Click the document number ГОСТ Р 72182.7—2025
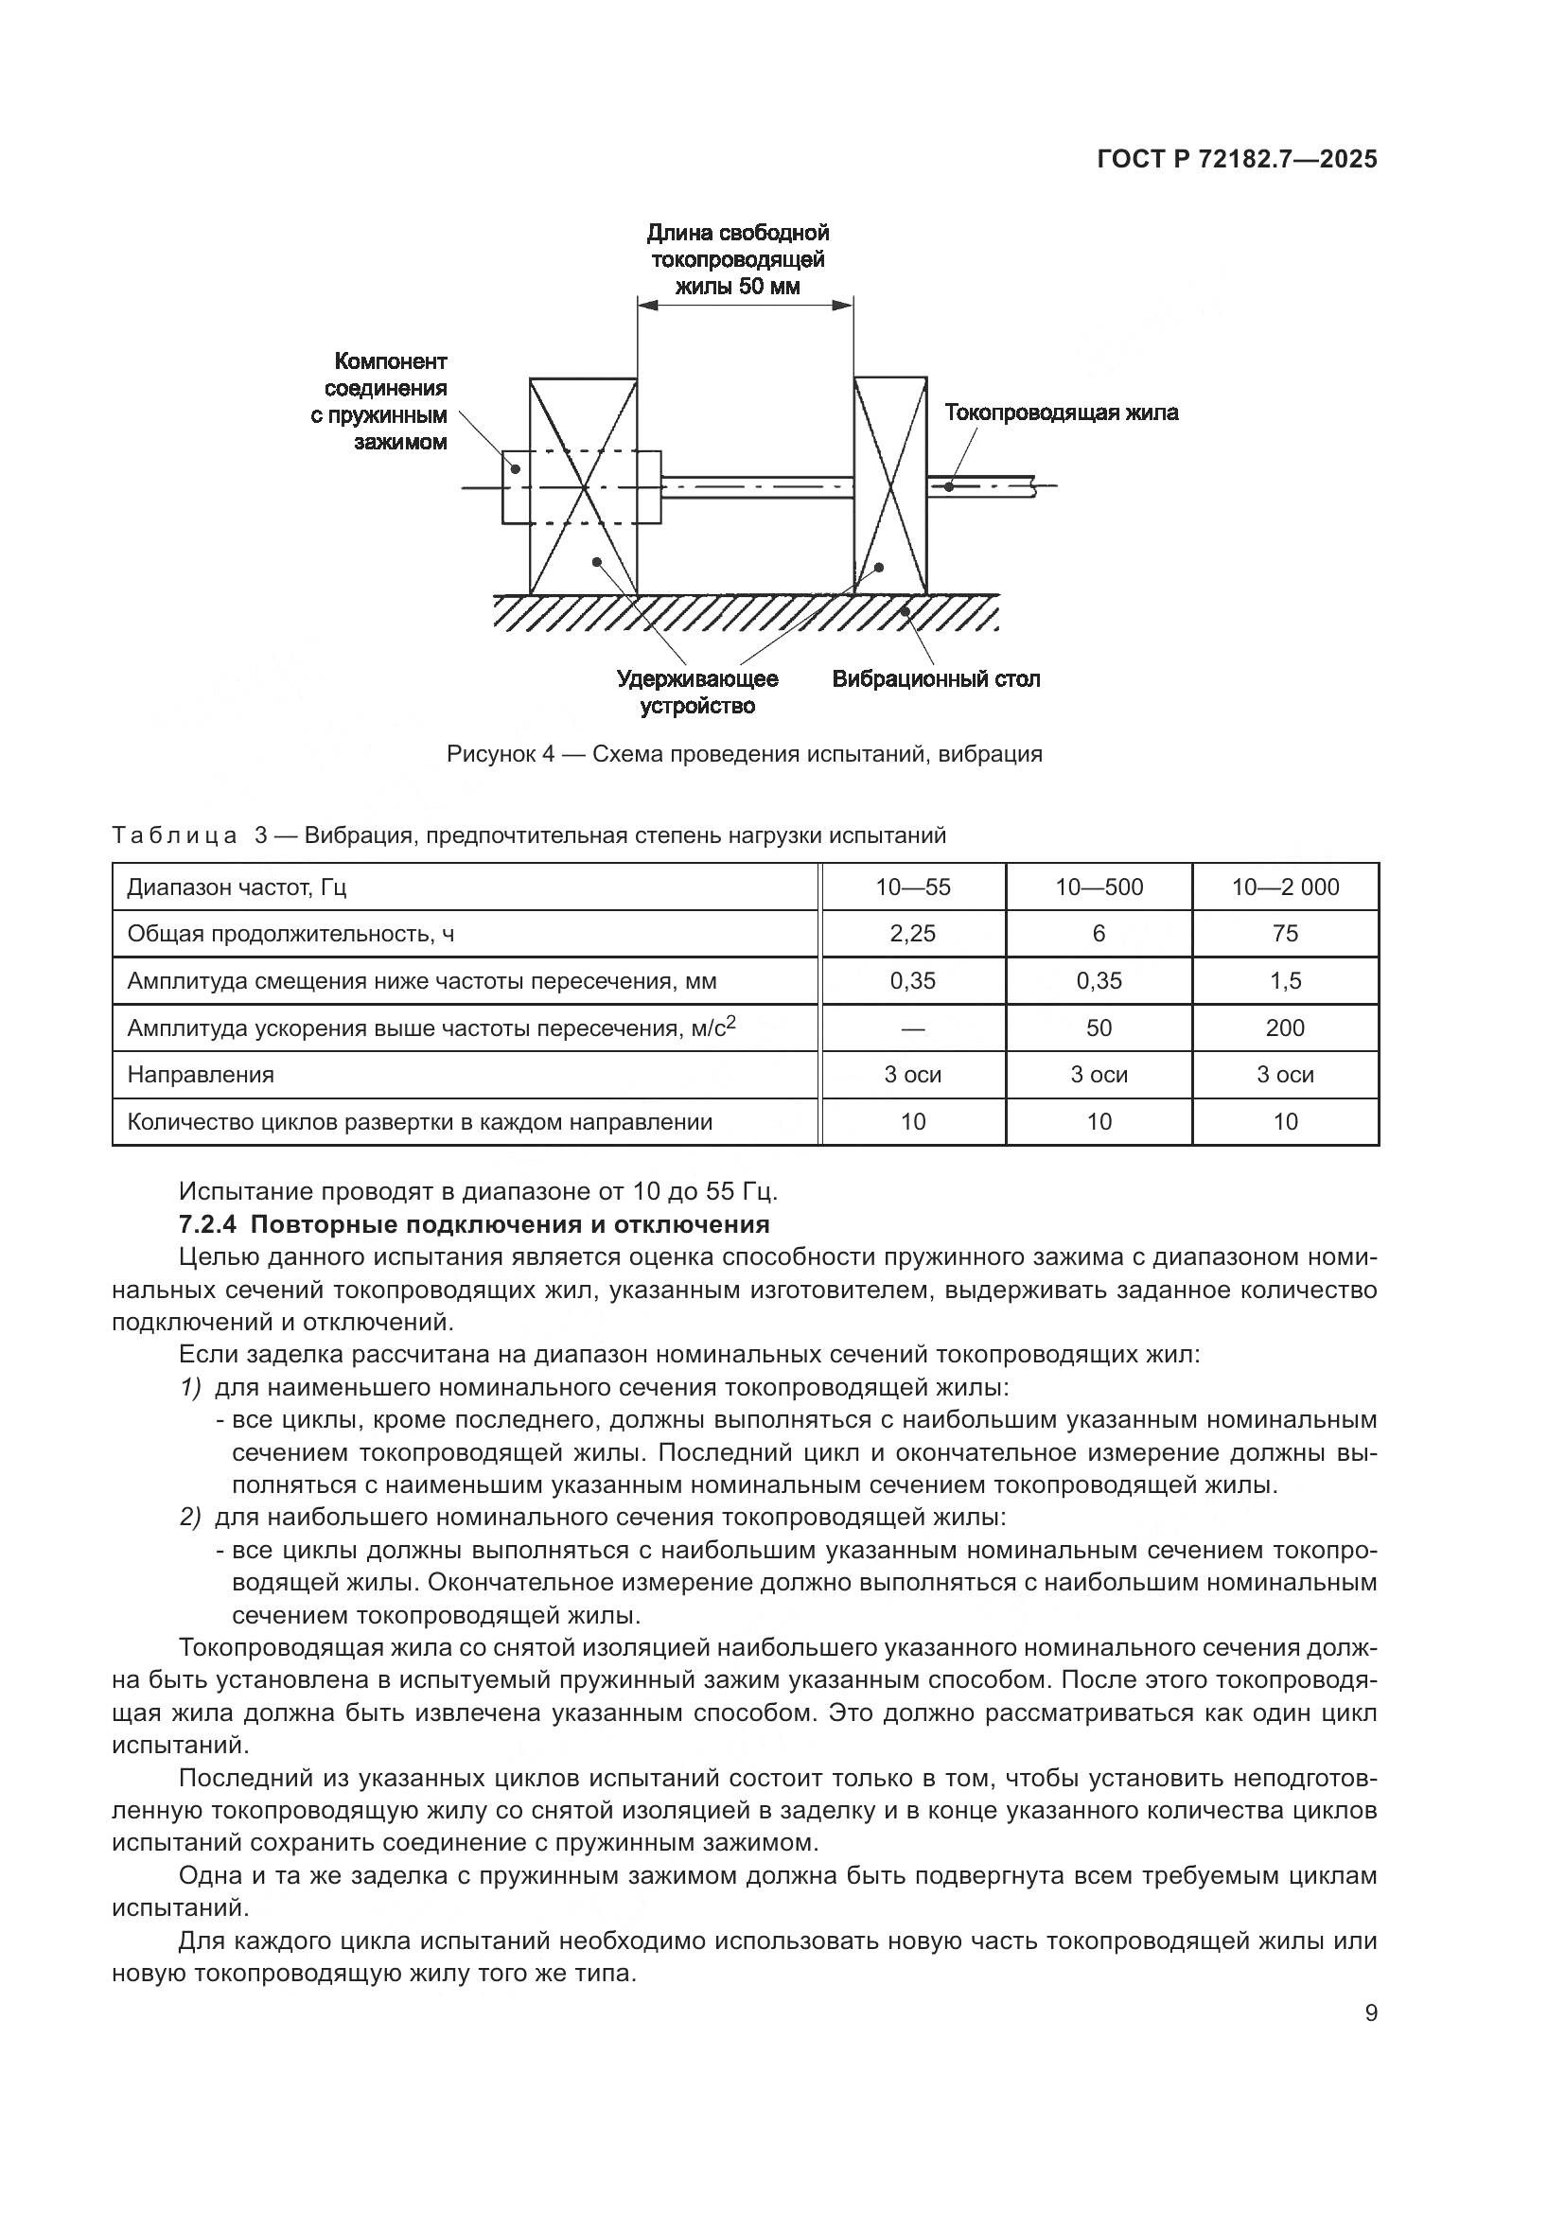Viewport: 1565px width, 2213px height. pyautogui.click(x=1237, y=160)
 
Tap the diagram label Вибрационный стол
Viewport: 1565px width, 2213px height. pyautogui.click(x=936, y=678)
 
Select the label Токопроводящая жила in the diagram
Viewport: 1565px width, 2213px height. pyautogui.click(x=1061, y=413)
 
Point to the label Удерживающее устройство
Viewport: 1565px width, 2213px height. pyautogui.click(x=697, y=692)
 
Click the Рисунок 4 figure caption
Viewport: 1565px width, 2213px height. pyautogui.click(x=744, y=754)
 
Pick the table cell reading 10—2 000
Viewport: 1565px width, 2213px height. pyautogui.click(x=1285, y=887)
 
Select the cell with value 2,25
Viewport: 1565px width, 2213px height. pyautogui.click(x=912, y=933)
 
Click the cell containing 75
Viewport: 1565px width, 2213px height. pyautogui.click(x=1285, y=933)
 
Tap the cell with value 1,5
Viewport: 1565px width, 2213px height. pyautogui.click(x=1285, y=980)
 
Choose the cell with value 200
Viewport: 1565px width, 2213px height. pyautogui.click(x=1285, y=1027)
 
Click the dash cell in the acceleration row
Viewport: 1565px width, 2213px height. pyautogui.click(x=912, y=1027)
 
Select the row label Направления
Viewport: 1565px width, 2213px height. pyautogui.click(x=201, y=1074)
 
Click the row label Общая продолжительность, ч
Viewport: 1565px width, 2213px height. pyautogui.click(x=290, y=933)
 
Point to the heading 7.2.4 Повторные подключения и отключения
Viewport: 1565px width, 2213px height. pyautogui.click(x=474, y=1224)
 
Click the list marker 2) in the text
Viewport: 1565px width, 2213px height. pyautogui.click(x=190, y=1517)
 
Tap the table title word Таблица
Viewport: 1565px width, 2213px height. pyautogui.click(x=174, y=834)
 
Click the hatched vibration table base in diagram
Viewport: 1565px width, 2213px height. pyautogui.click(x=744, y=612)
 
